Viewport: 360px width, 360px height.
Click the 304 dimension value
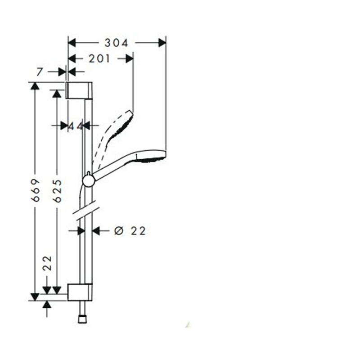tap(117, 43)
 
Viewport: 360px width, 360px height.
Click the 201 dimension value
tap(99, 58)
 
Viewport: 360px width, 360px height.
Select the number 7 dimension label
tap(40, 72)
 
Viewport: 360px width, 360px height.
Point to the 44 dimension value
tap(76, 126)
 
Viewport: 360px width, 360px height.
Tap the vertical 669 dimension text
tap(36, 190)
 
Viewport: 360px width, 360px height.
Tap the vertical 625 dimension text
tap(57, 190)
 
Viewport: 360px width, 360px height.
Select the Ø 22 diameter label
tap(130, 231)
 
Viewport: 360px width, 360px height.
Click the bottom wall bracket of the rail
tap(80, 292)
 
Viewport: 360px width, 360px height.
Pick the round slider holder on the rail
tap(89, 180)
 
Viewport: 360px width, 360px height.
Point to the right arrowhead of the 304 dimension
tap(162, 43)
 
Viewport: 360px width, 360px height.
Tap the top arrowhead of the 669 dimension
tap(35, 86)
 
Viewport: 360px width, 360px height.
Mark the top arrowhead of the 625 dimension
tap(57, 93)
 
